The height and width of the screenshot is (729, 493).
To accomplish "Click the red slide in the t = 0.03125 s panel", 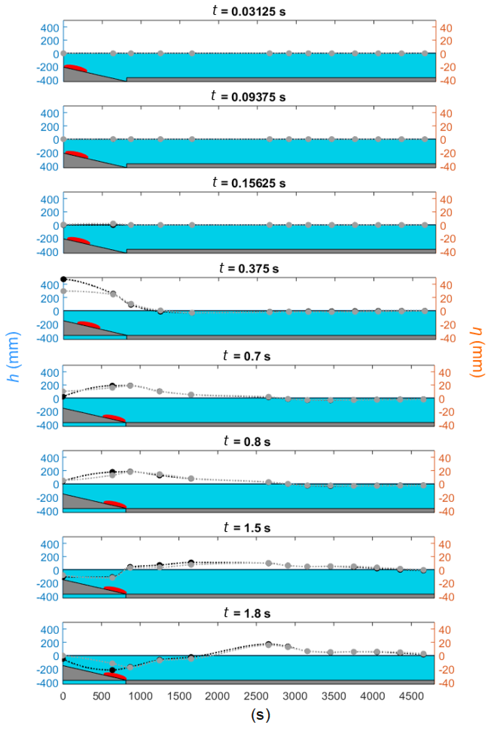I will click(x=76, y=68).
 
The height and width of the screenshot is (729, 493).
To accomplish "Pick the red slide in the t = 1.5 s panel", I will click(x=115, y=590).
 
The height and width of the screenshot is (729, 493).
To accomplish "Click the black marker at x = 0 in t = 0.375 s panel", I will click(x=64, y=279).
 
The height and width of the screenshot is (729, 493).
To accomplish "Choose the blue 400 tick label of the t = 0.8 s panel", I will click(x=49, y=458).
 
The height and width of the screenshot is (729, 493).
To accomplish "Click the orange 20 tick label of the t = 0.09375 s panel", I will click(x=446, y=127).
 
